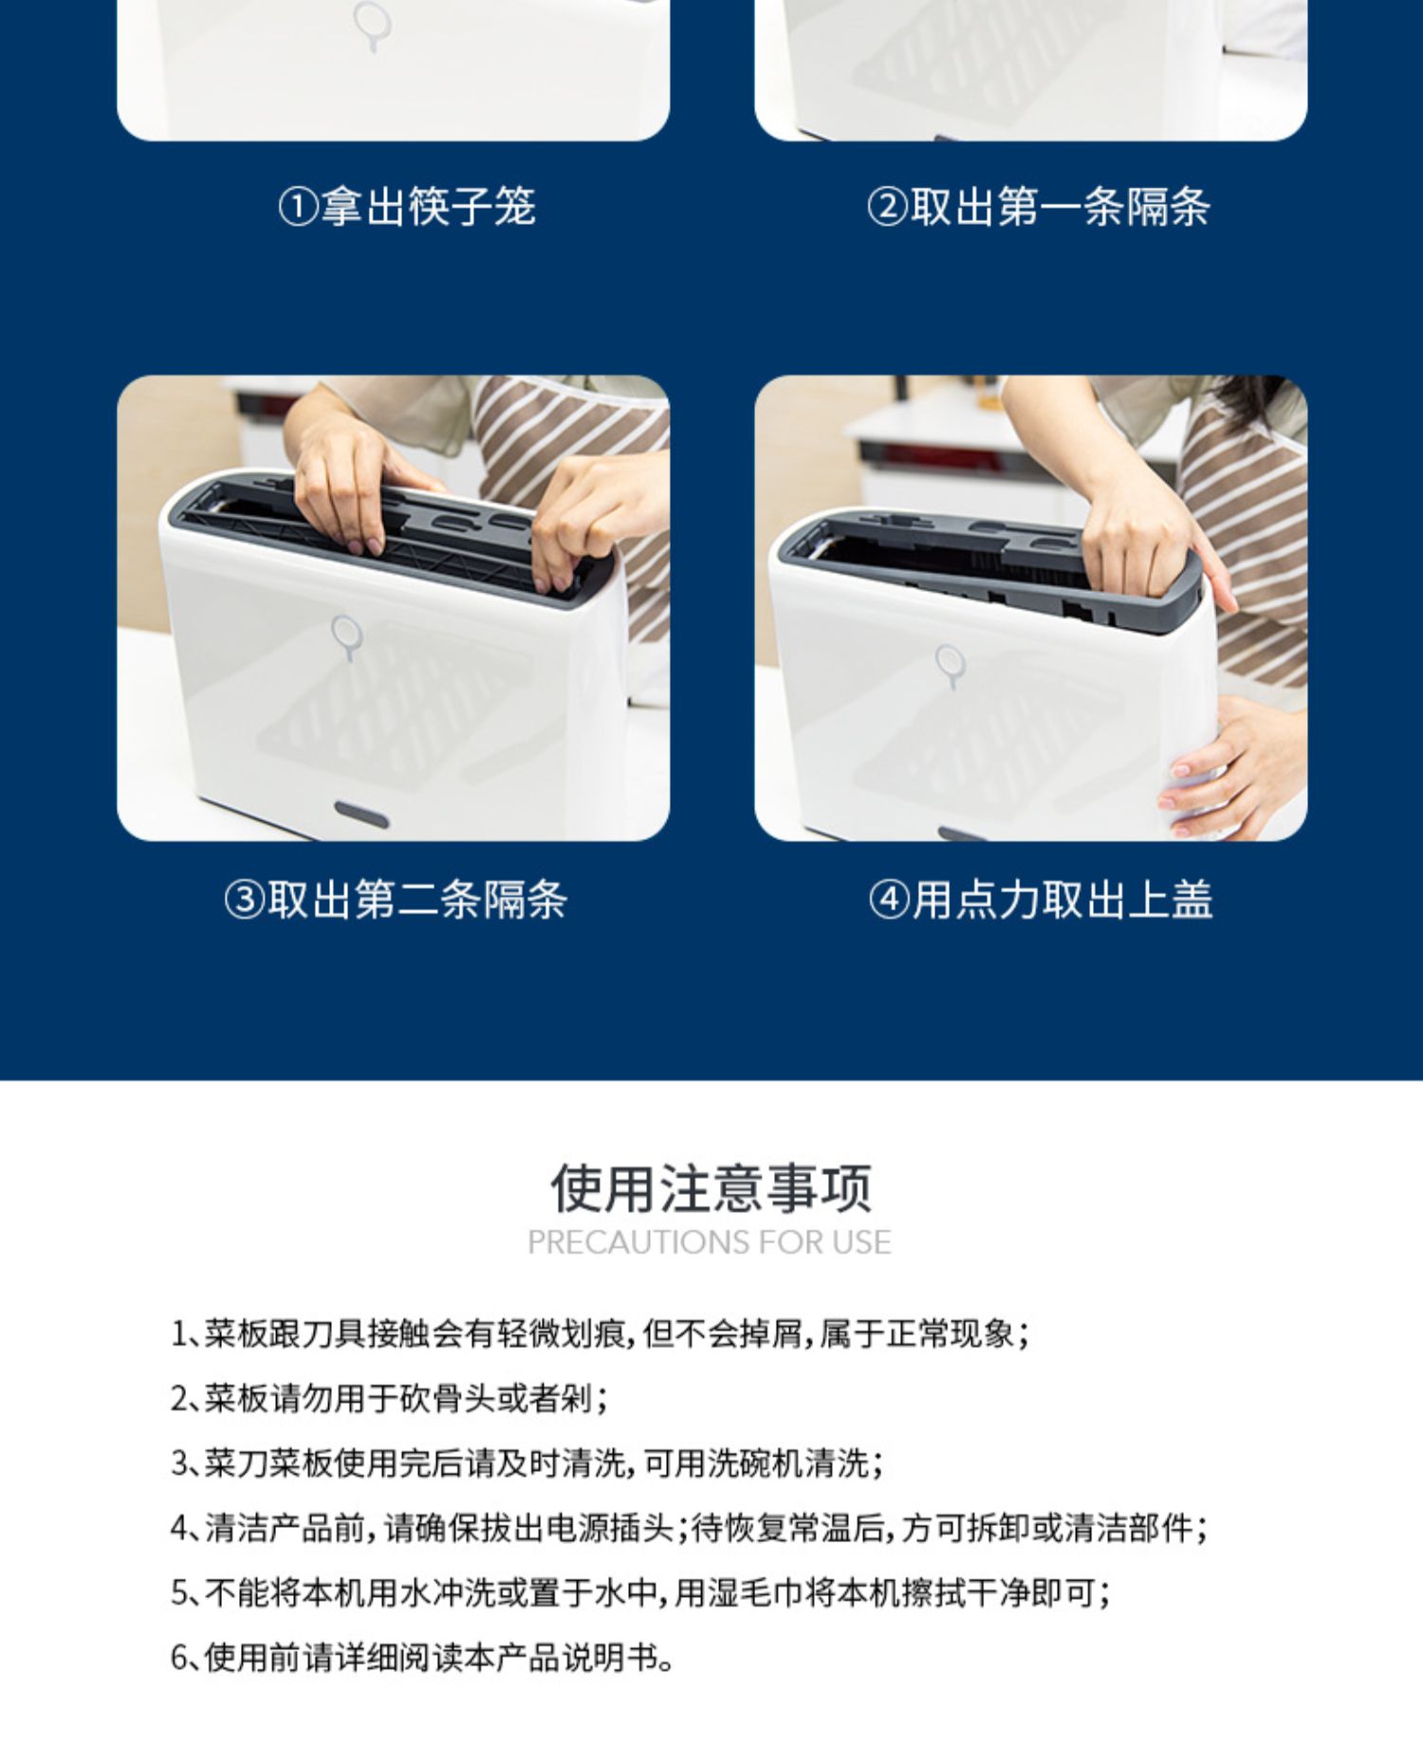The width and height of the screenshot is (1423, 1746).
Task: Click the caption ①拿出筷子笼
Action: (407, 207)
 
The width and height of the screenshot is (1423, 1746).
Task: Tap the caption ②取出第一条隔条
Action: (1038, 207)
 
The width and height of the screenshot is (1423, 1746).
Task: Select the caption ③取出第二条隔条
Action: (396, 899)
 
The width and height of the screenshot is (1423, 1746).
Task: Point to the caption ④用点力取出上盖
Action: (1041, 899)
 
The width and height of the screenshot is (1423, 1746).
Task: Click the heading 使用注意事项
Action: (711, 1187)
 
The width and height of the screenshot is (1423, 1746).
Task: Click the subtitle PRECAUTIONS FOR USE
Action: (710, 1242)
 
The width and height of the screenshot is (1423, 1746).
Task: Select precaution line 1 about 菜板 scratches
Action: (600, 1334)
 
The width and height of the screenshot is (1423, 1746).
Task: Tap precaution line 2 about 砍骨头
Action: (389, 1399)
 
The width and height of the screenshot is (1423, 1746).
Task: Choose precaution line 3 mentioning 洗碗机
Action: (527, 1463)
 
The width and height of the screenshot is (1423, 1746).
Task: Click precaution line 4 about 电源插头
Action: (689, 1528)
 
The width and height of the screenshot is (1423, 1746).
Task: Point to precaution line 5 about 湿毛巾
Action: (640, 1592)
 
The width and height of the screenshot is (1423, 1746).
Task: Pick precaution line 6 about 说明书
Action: (422, 1657)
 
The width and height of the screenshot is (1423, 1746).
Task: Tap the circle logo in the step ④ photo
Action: (950, 664)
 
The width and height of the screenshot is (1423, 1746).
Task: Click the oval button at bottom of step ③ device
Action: (361, 814)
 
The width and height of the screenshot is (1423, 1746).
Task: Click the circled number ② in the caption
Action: (887, 207)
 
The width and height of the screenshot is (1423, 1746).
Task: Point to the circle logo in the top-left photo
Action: (371, 24)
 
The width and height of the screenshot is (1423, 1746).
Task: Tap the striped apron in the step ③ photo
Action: (579, 474)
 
